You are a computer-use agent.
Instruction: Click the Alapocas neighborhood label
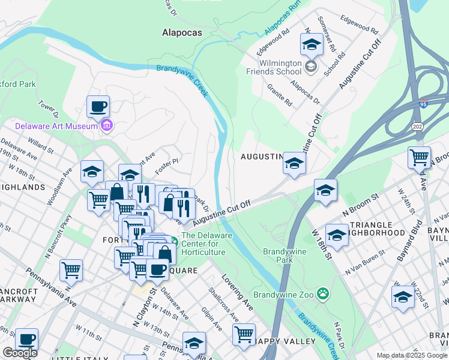click(181, 33)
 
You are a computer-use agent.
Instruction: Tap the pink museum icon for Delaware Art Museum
click(107, 125)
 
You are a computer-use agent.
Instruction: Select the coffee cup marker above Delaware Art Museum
click(98, 107)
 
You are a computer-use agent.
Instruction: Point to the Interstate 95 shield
click(424, 104)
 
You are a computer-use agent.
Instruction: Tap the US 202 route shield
click(418, 126)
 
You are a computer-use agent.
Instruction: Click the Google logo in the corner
click(20, 353)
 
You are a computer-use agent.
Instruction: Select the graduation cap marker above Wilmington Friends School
click(312, 45)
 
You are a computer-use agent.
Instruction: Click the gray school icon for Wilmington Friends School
click(312, 65)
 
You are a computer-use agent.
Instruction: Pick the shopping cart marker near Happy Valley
click(244, 334)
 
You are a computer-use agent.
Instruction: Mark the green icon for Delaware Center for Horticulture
click(173, 242)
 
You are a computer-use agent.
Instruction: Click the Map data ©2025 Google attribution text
click(411, 355)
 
